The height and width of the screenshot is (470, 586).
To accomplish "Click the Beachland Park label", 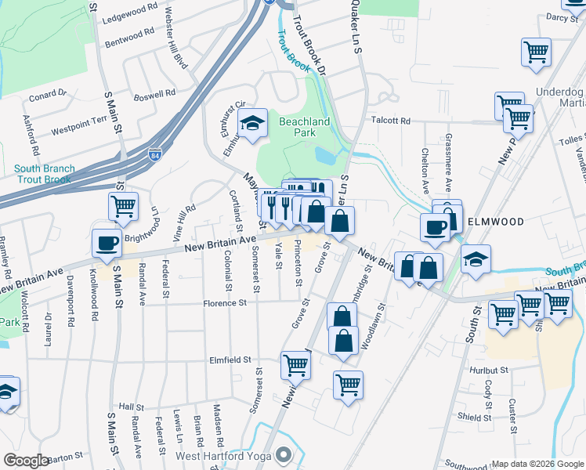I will coord(305,128).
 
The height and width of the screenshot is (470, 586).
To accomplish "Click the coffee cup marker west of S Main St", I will coord(106,243).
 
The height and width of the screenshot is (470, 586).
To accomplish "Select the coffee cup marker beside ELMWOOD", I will coord(435,227).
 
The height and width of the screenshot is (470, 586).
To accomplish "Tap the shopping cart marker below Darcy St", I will coord(537,52).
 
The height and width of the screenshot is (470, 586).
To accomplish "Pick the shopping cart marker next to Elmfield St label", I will coord(295,364).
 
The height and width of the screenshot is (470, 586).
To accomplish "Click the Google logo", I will coord(26,461).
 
